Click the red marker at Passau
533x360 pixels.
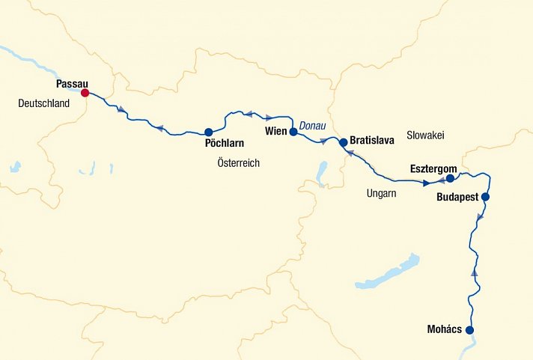click(85, 93)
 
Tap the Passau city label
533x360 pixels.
click(73, 84)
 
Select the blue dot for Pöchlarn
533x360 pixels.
click(209, 132)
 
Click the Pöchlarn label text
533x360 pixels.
click(225, 142)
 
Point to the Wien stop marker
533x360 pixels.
click(293, 132)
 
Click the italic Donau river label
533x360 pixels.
click(312, 126)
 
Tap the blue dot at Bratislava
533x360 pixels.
click(343, 141)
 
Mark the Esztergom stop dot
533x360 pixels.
click(450, 179)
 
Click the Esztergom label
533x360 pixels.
click(433, 169)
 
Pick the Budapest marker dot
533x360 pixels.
click(485, 197)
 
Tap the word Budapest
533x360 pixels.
click(457, 199)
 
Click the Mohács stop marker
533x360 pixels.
click(470, 330)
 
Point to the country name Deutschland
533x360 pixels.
click(43, 104)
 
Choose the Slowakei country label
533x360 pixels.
click(425, 135)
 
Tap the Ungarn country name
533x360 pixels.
click(381, 193)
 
